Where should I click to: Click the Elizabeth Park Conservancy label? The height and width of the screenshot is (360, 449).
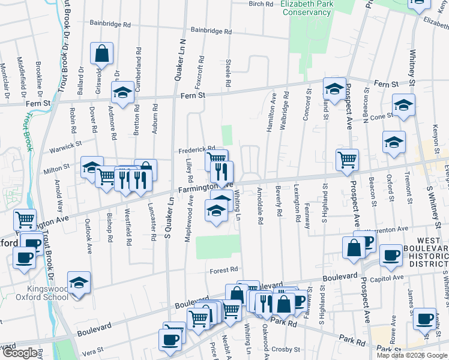coord(306,8)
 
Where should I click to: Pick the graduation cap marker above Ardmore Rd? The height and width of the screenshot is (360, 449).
coord(123,94)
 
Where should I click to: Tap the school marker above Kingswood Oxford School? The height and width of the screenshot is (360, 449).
coord(78,282)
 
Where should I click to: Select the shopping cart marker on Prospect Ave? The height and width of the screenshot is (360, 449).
coord(347,160)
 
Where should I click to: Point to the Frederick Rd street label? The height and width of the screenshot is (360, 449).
coord(196,149)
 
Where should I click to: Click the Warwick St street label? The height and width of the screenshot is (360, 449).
coord(66,145)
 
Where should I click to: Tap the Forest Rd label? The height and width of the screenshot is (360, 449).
coord(224,270)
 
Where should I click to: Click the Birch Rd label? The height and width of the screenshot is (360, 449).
coord(261,4)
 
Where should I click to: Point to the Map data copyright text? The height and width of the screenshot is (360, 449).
coord(412,355)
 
